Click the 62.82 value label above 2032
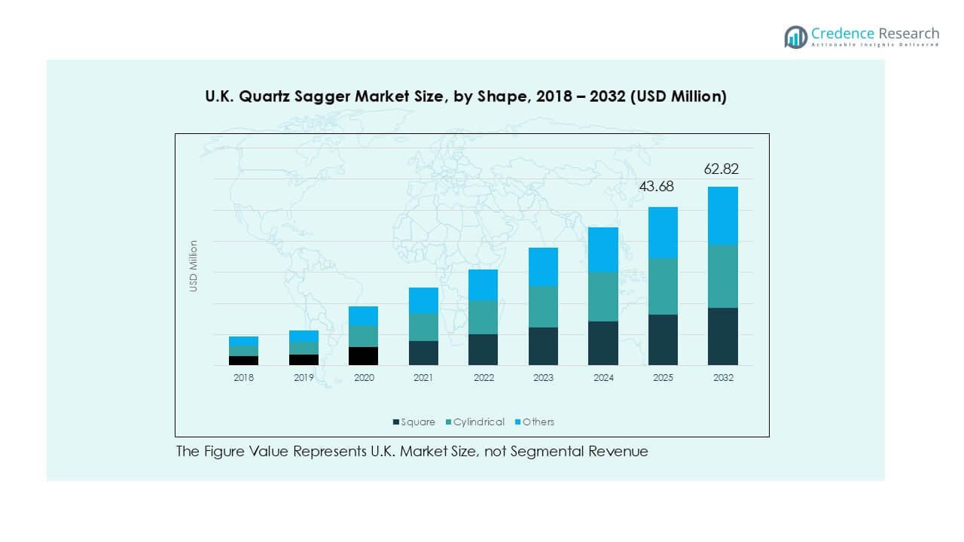coord(721,169)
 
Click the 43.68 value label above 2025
coord(657,186)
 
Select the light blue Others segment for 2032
coord(722,215)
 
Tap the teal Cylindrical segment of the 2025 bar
coord(663,286)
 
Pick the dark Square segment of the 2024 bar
coord(602,343)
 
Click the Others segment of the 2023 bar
coord(543,266)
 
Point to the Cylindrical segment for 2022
coord(483,317)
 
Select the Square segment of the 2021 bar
coord(423,353)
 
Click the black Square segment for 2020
coord(364,356)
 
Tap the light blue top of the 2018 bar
coord(243,341)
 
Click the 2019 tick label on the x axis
coord(304,378)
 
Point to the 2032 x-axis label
coord(722,378)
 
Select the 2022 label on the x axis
coord(483,378)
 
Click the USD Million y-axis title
coord(194,266)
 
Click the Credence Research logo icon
coord(795,37)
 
